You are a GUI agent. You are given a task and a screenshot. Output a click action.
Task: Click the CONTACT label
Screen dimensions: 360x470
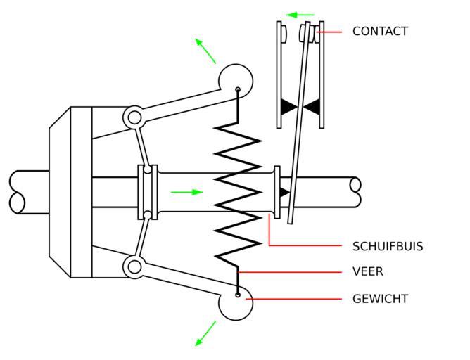click(x=380, y=32)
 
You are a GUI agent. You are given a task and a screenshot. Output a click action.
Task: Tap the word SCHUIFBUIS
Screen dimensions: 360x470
click(x=388, y=247)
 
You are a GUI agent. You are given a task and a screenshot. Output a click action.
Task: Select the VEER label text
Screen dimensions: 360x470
click(x=368, y=271)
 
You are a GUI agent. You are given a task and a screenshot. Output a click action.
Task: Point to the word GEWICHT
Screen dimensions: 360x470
click(x=380, y=299)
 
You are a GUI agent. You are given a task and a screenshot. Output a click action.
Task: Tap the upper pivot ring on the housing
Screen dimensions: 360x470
click(x=134, y=117)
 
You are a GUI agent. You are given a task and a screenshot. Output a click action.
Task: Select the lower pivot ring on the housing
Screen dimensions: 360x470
click(x=134, y=266)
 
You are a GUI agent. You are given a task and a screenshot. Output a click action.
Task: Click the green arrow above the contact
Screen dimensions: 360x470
click(x=301, y=15)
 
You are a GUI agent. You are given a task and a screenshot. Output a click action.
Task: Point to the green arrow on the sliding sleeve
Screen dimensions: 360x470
click(x=186, y=192)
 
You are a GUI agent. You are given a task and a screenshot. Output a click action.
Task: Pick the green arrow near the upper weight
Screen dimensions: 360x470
click(x=205, y=51)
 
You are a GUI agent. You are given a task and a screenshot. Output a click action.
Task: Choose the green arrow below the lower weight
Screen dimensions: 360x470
click(x=205, y=333)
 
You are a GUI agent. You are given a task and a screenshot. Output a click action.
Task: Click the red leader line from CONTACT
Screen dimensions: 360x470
click(x=331, y=32)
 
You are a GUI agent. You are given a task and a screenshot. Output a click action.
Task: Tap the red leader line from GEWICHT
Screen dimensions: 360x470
click(x=296, y=299)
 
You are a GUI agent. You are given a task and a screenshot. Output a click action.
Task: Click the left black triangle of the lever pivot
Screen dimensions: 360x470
click(x=288, y=107)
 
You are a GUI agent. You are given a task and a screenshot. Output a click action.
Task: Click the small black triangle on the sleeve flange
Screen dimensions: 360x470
click(x=284, y=192)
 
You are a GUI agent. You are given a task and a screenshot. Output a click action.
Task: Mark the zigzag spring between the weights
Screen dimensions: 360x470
click(x=238, y=191)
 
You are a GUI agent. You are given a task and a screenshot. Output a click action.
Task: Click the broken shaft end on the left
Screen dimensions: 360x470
click(x=18, y=192)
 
